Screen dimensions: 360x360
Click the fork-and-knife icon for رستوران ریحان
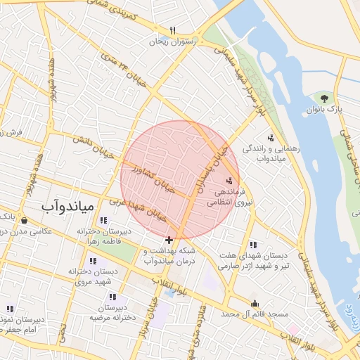173,30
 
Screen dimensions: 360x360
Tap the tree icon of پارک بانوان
324,98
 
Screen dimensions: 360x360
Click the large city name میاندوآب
67,206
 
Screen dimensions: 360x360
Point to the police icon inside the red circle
229,181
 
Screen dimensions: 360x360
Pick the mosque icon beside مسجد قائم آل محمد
255,303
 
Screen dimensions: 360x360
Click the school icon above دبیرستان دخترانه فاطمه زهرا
104,220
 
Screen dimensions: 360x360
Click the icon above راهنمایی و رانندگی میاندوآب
271,138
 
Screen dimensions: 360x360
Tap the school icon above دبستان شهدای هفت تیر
252,245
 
